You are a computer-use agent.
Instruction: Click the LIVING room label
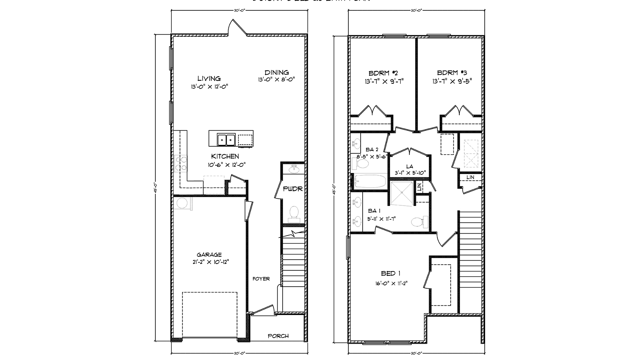point(209,79)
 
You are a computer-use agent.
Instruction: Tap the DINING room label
point(277,72)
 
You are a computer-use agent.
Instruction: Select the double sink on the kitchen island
point(226,140)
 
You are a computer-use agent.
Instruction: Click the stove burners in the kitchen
point(181,163)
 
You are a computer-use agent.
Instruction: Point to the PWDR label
point(293,189)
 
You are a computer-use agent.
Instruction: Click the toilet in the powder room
point(294,213)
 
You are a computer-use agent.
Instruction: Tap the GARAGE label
point(209,255)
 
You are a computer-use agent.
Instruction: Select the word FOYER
point(261,279)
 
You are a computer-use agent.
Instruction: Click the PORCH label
point(278,336)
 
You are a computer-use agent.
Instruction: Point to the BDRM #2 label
point(383,73)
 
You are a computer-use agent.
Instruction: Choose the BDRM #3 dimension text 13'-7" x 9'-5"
point(452,81)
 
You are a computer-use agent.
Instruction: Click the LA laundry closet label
point(410,166)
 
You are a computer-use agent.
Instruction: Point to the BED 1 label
point(391,274)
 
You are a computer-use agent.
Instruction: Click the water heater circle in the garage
point(182,203)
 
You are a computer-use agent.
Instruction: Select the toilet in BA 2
point(361,164)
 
